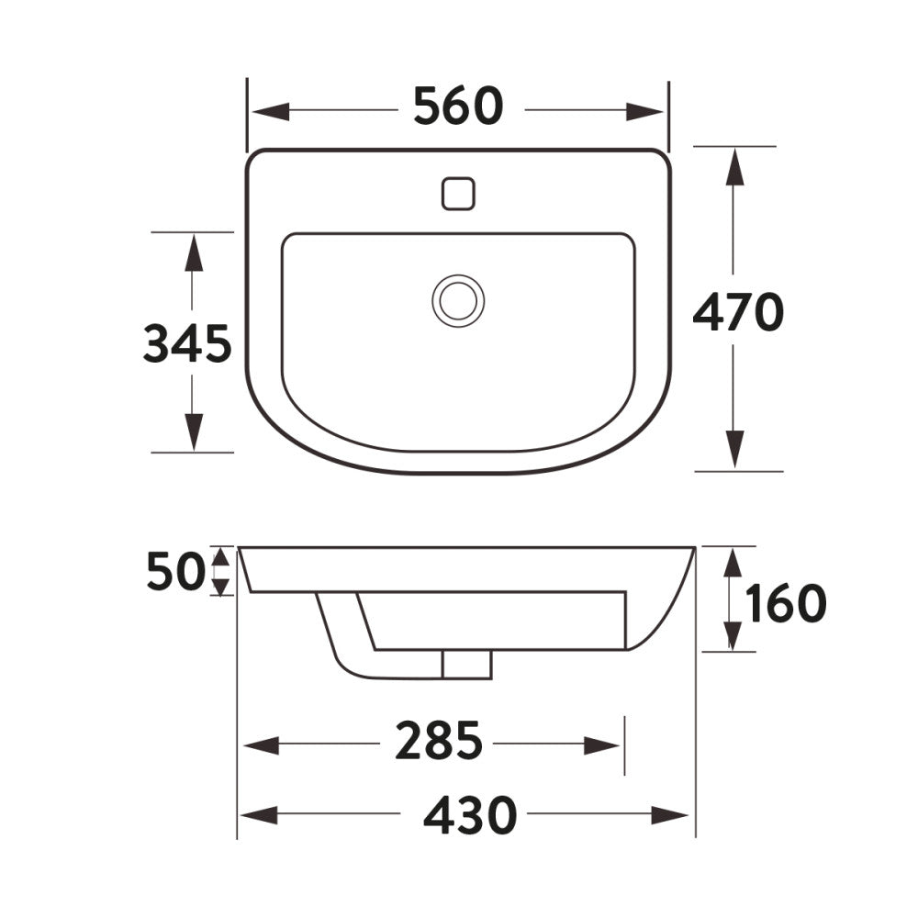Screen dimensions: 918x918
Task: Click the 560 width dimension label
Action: (458, 106)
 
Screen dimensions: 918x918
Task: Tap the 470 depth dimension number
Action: (738, 313)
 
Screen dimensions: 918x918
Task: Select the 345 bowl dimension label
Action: (187, 345)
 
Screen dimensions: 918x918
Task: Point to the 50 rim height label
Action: (174, 573)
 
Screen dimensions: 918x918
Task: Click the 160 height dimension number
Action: (786, 603)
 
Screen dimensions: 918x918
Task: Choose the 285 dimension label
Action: (439, 742)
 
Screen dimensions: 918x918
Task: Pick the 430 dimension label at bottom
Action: (471, 814)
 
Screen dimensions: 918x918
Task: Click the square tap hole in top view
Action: (458, 193)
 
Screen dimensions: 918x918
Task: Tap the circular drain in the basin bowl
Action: (458, 300)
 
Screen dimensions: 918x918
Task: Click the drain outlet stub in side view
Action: (466, 664)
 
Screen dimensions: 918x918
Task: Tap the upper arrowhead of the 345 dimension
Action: (193, 252)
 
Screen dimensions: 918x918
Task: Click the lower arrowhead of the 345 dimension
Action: (193, 432)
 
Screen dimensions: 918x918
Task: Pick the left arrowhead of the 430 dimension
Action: (258, 814)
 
